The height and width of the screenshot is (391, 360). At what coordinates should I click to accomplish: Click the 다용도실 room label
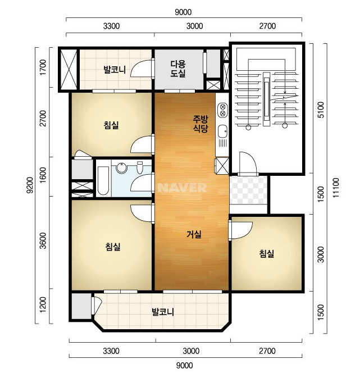(x=178, y=69)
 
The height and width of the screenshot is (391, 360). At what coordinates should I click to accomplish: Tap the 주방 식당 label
(x=200, y=124)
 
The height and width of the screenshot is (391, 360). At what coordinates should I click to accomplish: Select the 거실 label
(x=194, y=234)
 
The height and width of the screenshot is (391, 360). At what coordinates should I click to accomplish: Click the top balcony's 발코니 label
(x=115, y=70)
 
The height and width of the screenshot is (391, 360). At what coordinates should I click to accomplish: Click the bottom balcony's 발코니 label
(x=163, y=312)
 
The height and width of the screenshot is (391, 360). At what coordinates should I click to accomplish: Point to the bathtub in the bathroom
(x=103, y=181)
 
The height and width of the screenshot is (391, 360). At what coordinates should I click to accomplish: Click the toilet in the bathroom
(x=140, y=167)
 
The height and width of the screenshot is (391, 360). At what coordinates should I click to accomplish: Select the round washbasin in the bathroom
(x=122, y=167)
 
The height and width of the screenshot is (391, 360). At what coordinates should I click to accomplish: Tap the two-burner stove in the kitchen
(x=222, y=110)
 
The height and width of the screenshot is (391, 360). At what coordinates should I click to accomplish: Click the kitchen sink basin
(x=222, y=131)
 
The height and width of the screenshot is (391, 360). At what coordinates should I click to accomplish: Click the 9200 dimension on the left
(x=31, y=185)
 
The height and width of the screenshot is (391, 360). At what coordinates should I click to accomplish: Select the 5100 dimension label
(x=322, y=110)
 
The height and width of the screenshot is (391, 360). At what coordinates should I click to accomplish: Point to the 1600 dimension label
(x=43, y=175)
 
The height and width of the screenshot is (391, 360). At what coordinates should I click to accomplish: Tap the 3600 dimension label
(x=43, y=240)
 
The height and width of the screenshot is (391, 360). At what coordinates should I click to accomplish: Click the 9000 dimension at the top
(x=183, y=12)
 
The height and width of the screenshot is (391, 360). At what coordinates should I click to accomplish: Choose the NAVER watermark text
(x=182, y=188)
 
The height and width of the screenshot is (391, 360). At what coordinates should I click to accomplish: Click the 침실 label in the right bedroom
(x=267, y=253)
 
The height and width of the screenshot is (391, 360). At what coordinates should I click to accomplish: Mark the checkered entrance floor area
(x=248, y=190)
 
